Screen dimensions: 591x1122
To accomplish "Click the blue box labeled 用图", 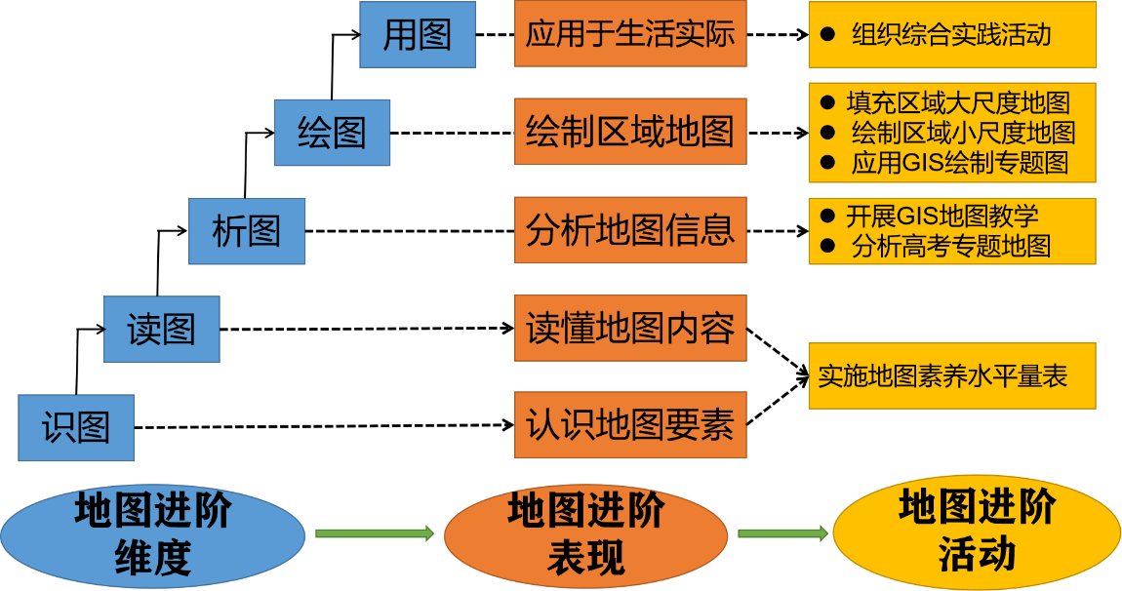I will pos(418,35).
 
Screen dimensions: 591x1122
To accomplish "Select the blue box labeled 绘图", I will pos(332,133).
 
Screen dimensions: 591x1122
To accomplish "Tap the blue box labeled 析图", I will pos(247,231).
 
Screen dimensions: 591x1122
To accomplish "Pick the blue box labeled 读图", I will pos(162,330).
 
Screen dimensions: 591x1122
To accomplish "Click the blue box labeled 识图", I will pos(76,427).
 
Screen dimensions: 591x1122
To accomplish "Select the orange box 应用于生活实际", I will pos(630,35).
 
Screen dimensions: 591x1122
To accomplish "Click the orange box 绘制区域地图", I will pos(630,132).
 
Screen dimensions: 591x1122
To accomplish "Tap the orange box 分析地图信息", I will pos(630,230).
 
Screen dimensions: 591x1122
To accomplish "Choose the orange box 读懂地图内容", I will pos(630,329).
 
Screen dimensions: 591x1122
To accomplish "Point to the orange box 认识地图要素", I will pos(630,425).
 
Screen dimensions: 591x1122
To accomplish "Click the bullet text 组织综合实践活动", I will pos(950,35).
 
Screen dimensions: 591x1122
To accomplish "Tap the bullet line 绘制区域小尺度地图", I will pos(962,133).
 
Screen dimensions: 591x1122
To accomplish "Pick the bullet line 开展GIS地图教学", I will pos(942,216).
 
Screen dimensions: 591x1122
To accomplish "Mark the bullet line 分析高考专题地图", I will pos(950,246).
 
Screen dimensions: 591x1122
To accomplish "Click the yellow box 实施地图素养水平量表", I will pos(951,375).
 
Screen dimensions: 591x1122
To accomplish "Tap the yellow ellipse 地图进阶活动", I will pos(977,532).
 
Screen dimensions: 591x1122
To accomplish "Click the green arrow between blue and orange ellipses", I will pos(374,532).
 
